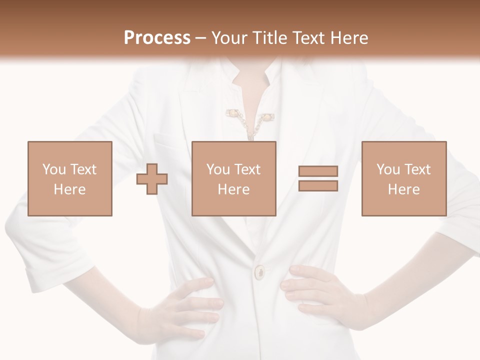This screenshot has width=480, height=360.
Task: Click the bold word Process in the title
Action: click(x=157, y=38)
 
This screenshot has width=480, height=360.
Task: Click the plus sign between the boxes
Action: click(x=152, y=179)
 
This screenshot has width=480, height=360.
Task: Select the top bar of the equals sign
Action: click(x=318, y=171)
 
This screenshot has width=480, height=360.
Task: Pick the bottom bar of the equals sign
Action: click(x=318, y=186)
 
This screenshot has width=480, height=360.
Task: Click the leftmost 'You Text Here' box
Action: click(x=70, y=178)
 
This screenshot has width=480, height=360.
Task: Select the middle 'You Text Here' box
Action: click(x=233, y=178)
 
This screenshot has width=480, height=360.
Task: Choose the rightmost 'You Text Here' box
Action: click(x=403, y=178)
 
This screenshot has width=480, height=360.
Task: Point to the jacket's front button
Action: click(x=260, y=272)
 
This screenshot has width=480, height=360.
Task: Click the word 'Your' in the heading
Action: click(x=230, y=38)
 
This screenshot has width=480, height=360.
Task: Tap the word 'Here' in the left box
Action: click(x=70, y=189)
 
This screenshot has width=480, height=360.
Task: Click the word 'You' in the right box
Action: click(x=388, y=169)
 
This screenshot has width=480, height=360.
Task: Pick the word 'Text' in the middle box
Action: click(x=248, y=169)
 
